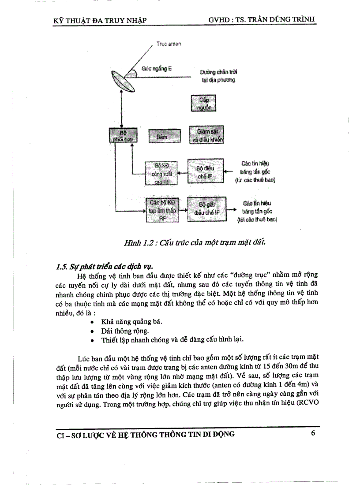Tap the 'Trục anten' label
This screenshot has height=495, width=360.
click(169, 44)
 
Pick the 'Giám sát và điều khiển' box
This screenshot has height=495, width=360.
click(206, 135)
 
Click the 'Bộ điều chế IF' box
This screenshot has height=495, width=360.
click(206, 171)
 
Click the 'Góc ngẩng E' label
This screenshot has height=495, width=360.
click(157, 69)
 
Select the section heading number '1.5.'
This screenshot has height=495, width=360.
click(63, 266)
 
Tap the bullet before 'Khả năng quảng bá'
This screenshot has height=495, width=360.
click(91, 321)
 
